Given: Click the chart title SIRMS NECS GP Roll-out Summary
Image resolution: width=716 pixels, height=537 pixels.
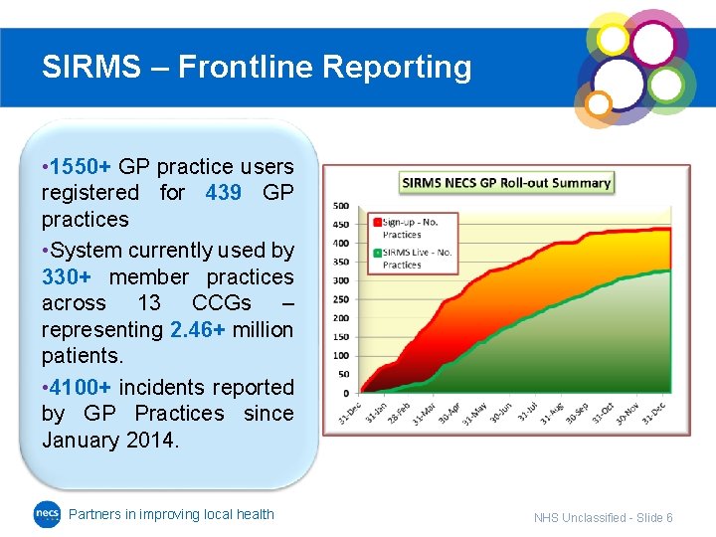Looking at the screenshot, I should click(506, 183).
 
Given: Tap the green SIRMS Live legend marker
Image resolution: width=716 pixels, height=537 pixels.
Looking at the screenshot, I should click(376, 254).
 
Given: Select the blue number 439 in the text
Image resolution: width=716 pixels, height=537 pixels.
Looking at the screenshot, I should click(223, 193).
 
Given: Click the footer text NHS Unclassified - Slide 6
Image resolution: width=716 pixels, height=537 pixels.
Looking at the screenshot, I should click(603, 518).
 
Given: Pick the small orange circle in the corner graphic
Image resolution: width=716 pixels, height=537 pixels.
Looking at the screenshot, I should click(598, 103).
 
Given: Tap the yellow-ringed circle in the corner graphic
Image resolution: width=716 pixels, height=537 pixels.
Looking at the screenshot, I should click(614, 40).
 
